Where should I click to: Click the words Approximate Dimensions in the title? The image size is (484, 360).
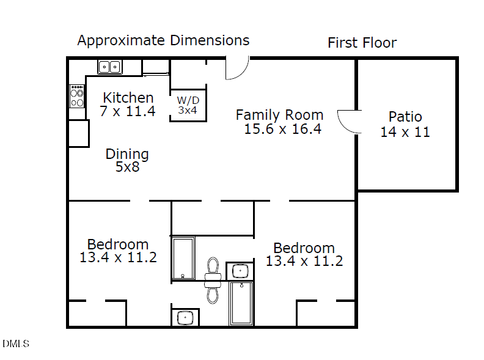pos(163,41)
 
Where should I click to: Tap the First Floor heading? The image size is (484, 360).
pos(362,43)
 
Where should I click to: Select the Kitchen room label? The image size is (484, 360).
pos(128,98)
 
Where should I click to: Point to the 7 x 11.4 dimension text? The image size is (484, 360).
pos(128,111)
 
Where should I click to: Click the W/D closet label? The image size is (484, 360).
pos(188,100)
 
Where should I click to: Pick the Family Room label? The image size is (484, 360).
pos(279,115)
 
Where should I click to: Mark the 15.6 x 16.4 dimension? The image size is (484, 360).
pos(282,129)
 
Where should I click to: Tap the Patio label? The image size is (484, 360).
pos(405,117)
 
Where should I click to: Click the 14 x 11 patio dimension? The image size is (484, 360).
pos(405,132)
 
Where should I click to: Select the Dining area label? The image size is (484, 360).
pos(127,154)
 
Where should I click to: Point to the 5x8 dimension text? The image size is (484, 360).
pos(127,167)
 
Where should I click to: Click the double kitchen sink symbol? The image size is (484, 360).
pos(110,66)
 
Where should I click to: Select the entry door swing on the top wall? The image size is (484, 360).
pos(237,68)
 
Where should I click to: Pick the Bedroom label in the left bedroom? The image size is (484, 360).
pos(117,244)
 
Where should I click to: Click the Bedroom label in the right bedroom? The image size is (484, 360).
pos(304,248)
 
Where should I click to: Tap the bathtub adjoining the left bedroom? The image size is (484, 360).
pos(183,258)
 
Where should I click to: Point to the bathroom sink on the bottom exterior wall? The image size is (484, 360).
pos(185,318)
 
